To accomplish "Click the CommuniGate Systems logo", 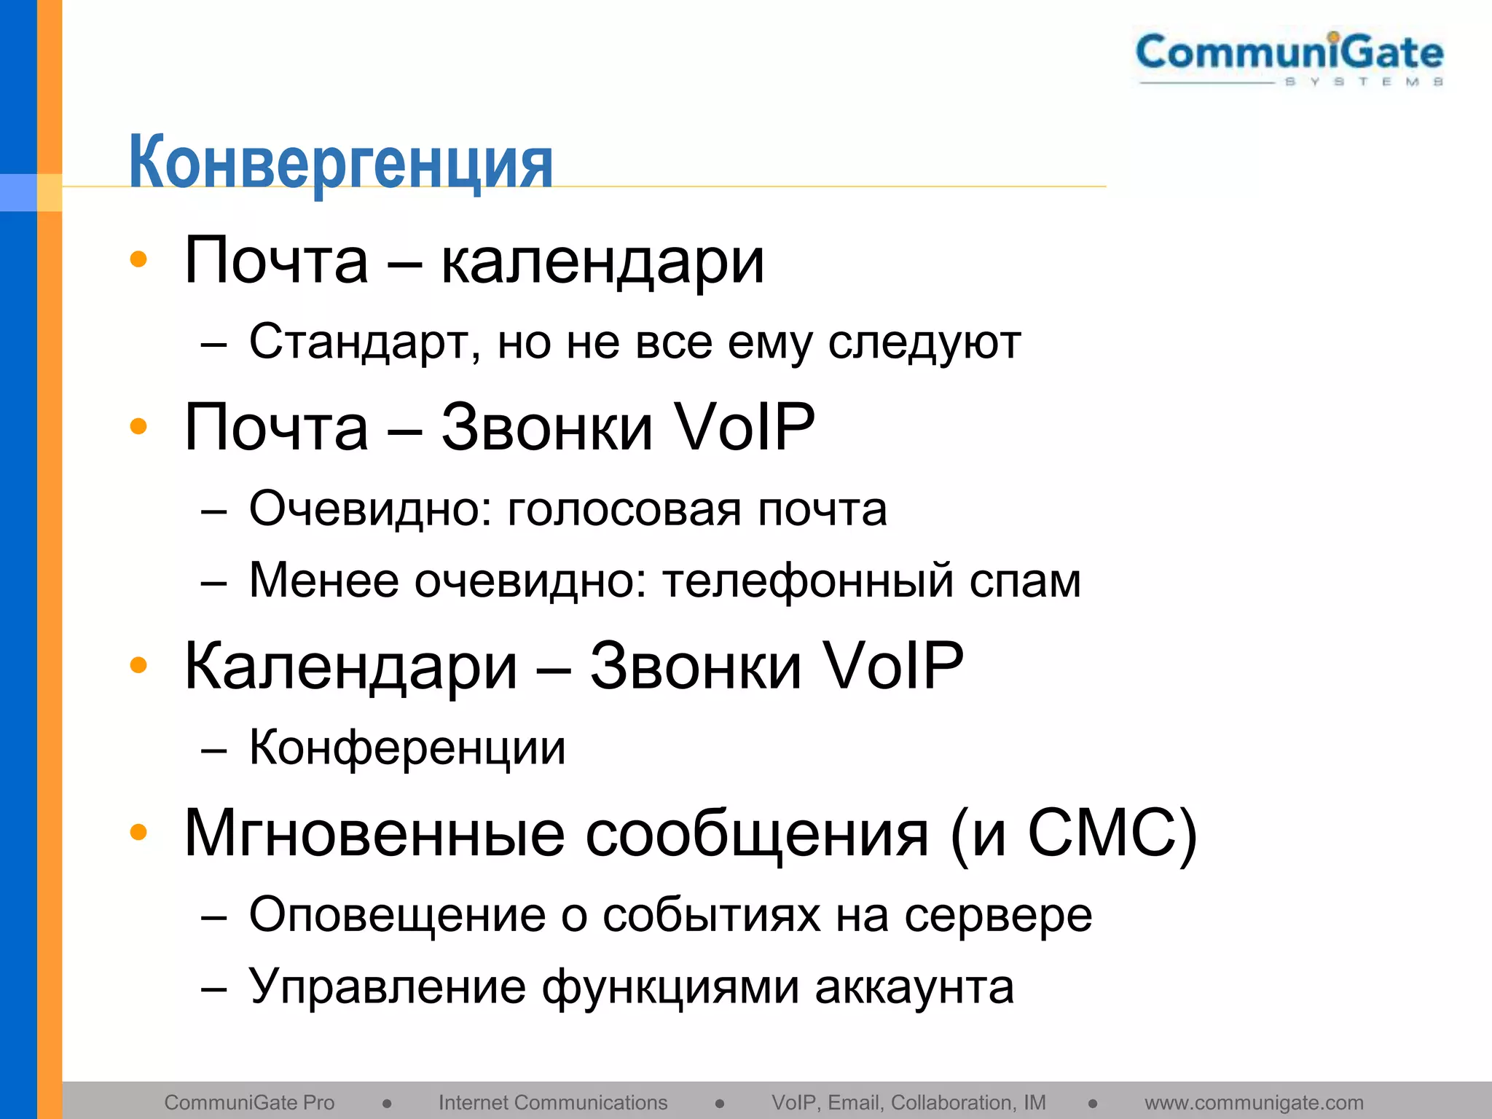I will coord(1289,58).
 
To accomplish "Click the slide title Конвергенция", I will coord(341,162).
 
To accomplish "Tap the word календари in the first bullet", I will coord(602,262).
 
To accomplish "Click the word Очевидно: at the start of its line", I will coord(370,509).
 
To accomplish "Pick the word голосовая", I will coord(624,509).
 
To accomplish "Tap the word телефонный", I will coord(807,581).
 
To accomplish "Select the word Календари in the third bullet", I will coord(350,667).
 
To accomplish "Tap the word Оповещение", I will coord(397,915).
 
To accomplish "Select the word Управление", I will coord(387,988).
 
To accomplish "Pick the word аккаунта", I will coord(914,988).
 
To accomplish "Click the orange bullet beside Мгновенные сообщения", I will coord(138,832).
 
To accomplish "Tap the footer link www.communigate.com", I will coord(1254,1103).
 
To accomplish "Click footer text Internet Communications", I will coord(553,1103).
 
